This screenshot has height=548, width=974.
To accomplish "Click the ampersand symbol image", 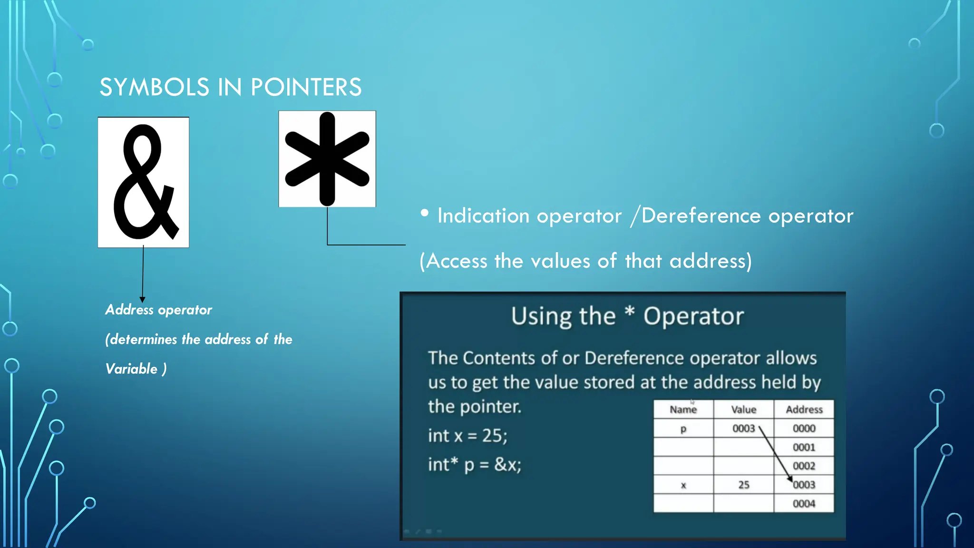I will (143, 182).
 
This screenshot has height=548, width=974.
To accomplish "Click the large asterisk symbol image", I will (327, 159).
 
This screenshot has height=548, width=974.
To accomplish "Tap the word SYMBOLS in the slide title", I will (154, 88).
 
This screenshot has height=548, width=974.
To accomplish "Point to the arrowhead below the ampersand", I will (142, 299).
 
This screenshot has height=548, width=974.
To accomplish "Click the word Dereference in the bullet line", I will (701, 216).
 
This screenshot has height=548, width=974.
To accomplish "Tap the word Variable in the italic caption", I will (131, 369).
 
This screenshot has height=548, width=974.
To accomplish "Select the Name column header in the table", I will (683, 410).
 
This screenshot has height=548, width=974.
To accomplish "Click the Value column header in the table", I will (743, 410).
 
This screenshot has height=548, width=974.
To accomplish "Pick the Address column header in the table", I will (804, 410).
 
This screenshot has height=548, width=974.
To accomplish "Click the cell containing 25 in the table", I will (743, 485).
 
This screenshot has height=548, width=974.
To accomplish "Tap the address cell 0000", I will (804, 429).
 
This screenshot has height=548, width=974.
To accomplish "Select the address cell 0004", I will (804, 504).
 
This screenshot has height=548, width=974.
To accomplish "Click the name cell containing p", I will (683, 429).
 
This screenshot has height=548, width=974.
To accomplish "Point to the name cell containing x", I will (683, 485).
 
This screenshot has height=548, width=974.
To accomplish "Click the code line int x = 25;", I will (468, 436).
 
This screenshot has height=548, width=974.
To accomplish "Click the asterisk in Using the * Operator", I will (629, 313).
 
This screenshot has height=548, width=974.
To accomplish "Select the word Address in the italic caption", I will (129, 310).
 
